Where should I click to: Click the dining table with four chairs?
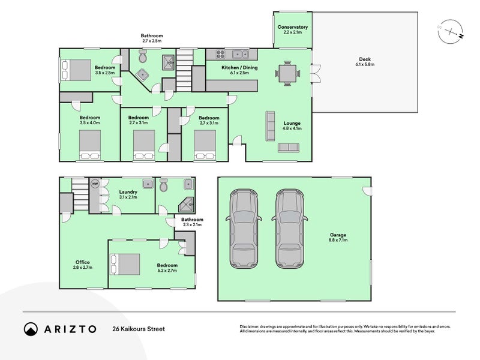coord(287,73)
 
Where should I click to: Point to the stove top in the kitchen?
coord(220,54)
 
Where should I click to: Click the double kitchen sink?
coord(241,54)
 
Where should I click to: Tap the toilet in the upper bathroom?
coord(143,56)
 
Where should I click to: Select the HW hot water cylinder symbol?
coord(95,184)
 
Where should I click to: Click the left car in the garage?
coord(244,229)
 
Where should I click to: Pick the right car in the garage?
coord(290,229)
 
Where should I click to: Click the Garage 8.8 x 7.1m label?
coord(338,237)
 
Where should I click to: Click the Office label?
coord(83,262)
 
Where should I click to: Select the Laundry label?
coord(128,192)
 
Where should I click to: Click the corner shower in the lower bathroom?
coord(186,205)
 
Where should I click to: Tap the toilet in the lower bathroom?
coord(164,185)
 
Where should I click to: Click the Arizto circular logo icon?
coord(31,329)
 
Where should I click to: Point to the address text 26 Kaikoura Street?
coord(139,329)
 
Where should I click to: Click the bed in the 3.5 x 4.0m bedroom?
coord(89,145)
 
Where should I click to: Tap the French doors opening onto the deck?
coord(316,73)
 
